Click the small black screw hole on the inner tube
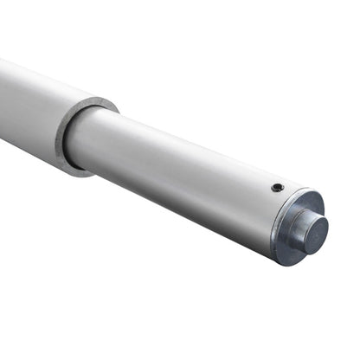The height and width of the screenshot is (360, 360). (x=276, y=188)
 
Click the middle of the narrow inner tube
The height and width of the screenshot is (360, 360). (x=173, y=169)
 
